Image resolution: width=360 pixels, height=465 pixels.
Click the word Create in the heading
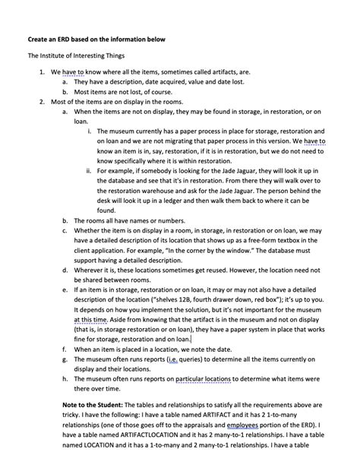pyautogui.click(x=39, y=38)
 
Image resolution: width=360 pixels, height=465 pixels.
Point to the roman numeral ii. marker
pyautogui.click(x=89, y=171)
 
